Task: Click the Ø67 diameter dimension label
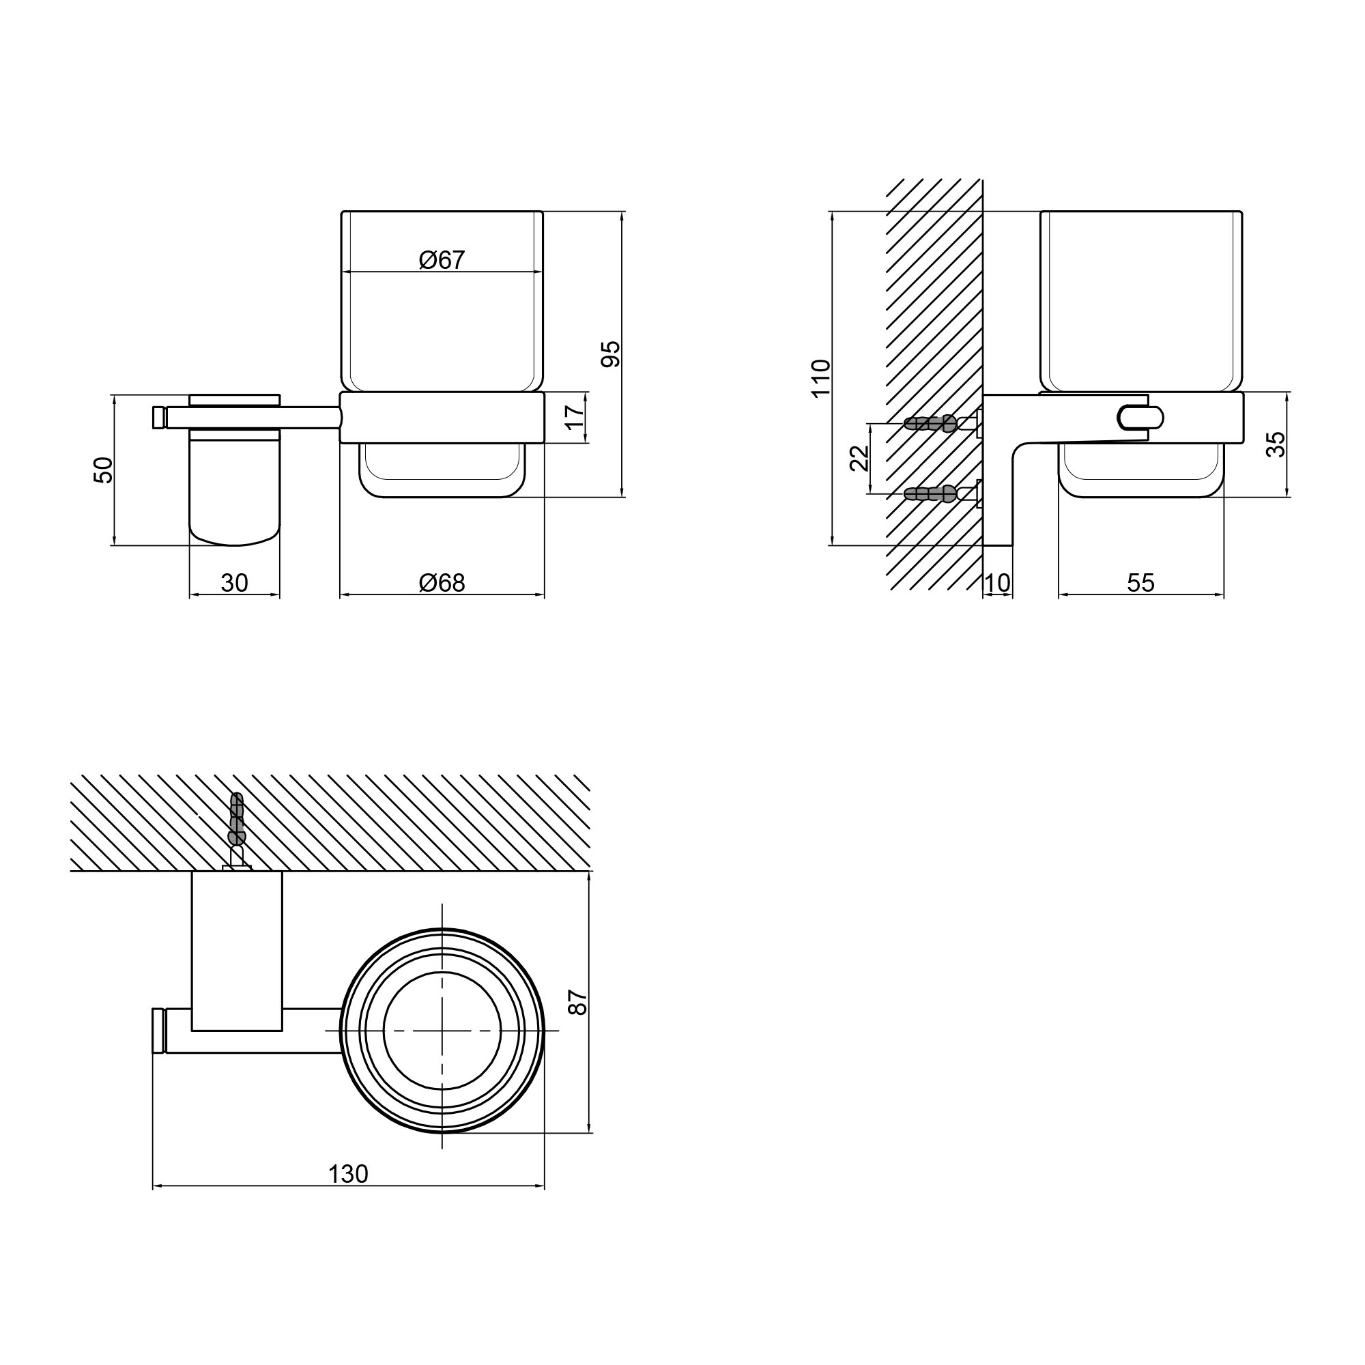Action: point(442,260)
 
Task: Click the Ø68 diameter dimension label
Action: point(442,583)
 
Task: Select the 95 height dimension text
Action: point(610,354)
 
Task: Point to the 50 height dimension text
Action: point(103,470)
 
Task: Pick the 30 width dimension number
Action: point(235,583)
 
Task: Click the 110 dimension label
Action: point(821,379)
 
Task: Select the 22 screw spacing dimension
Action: point(859,458)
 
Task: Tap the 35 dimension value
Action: point(1276,444)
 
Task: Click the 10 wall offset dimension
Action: point(998,583)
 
